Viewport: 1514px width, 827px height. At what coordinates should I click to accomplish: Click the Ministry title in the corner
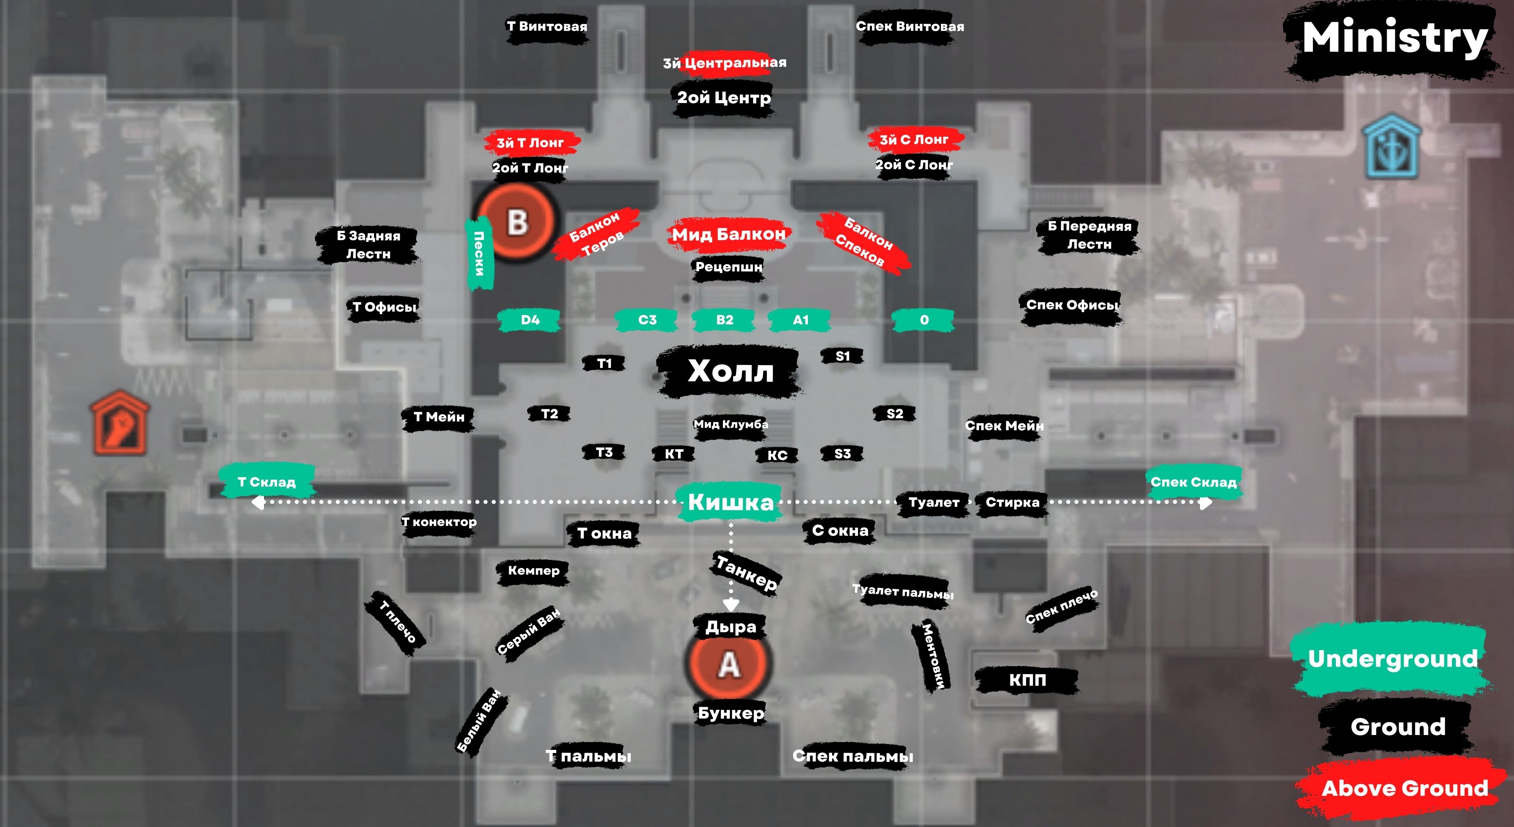(1394, 39)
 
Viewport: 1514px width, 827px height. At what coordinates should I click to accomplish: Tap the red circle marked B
(516, 222)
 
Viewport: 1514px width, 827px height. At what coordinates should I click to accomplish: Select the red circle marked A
(728, 664)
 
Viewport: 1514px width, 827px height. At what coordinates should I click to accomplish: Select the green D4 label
(530, 320)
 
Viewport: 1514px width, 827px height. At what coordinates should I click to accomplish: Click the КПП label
(1027, 680)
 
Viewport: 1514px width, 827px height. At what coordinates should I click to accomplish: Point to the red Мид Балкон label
(729, 234)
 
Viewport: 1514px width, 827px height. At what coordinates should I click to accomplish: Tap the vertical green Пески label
(479, 253)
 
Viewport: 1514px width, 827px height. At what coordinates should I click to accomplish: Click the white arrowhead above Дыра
(731, 604)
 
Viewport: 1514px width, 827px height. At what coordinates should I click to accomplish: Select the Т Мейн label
(438, 417)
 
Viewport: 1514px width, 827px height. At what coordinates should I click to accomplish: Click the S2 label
(895, 414)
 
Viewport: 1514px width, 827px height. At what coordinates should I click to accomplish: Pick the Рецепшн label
(728, 267)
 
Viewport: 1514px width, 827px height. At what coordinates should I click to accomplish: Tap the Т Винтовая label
(546, 26)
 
